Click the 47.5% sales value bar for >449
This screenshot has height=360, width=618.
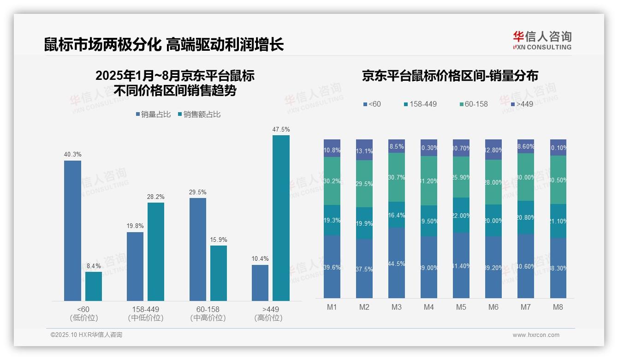tap(281, 218)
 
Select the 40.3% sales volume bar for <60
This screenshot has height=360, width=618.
tap(72, 231)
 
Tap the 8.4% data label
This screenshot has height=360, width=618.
tap(94, 266)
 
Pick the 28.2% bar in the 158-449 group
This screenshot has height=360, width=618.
tap(156, 252)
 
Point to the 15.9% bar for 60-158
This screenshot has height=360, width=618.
tap(219, 273)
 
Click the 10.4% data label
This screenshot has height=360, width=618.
tap(260, 259)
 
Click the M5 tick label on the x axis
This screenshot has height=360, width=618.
tap(461, 307)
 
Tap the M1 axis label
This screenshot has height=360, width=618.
tap(332, 307)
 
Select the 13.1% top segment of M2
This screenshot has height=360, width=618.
tap(364, 150)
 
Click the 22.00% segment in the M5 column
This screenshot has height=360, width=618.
tap(461, 215)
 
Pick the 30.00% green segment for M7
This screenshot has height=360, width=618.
tap(526, 177)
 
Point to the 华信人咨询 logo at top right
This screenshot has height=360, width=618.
tap(542, 40)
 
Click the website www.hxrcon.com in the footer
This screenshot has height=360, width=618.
tap(536, 335)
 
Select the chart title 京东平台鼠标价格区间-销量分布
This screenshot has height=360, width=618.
tap(450, 76)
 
